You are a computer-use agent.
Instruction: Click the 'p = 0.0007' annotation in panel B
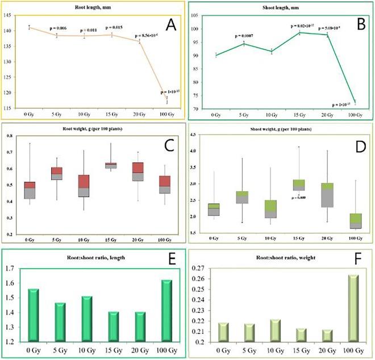(x=244, y=37)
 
